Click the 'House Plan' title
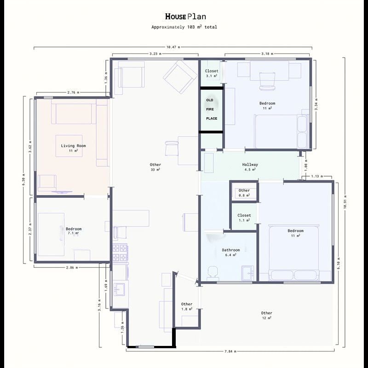[x=185, y=17]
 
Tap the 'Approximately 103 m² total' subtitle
[x=184, y=27]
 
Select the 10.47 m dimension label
[x=173, y=47]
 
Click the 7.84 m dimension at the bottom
[x=230, y=351]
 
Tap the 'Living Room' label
[x=74, y=146]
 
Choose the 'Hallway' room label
[x=250, y=165]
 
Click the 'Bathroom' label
[x=231, y=250]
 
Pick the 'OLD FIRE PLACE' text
[x=212, y=109]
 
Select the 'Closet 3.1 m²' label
[x=212, y=73]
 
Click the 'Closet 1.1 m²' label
[x=244, y=218]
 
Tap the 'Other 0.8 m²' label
[x=244, y=193]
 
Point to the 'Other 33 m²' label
[x=155, y=167]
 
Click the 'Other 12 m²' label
[x=267, y=316]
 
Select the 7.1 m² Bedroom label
[x=74, y=231]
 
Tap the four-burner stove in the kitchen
[x=120, y=253]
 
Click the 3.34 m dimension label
[x=316, y=104]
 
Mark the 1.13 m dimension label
[x=317, y=176]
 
